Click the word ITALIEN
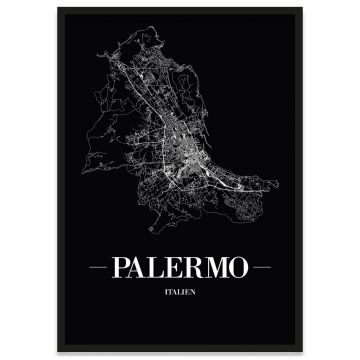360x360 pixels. [x=181, y=291]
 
